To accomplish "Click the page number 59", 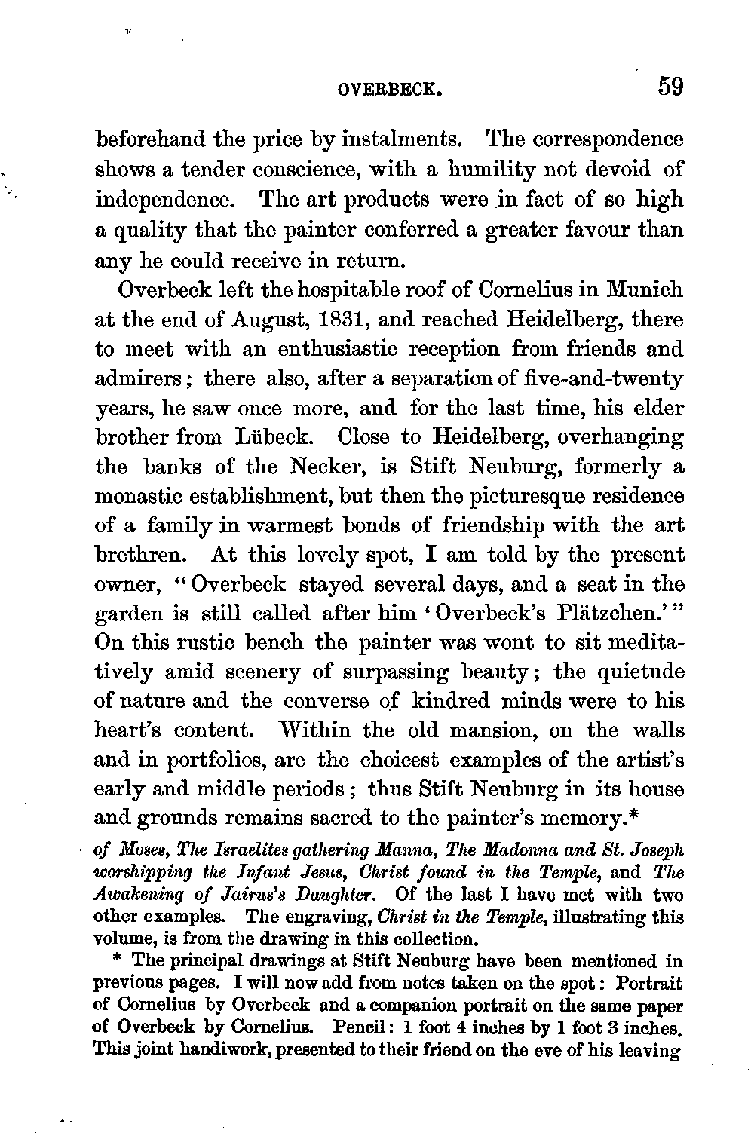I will tap(669, 87).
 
